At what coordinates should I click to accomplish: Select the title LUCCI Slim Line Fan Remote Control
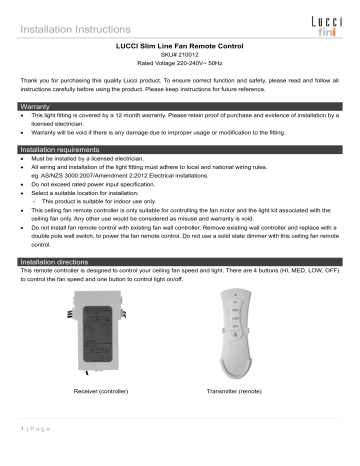point(180,46)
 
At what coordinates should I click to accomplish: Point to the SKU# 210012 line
point(180,57)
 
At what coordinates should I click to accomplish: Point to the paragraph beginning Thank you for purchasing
point(180,85)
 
